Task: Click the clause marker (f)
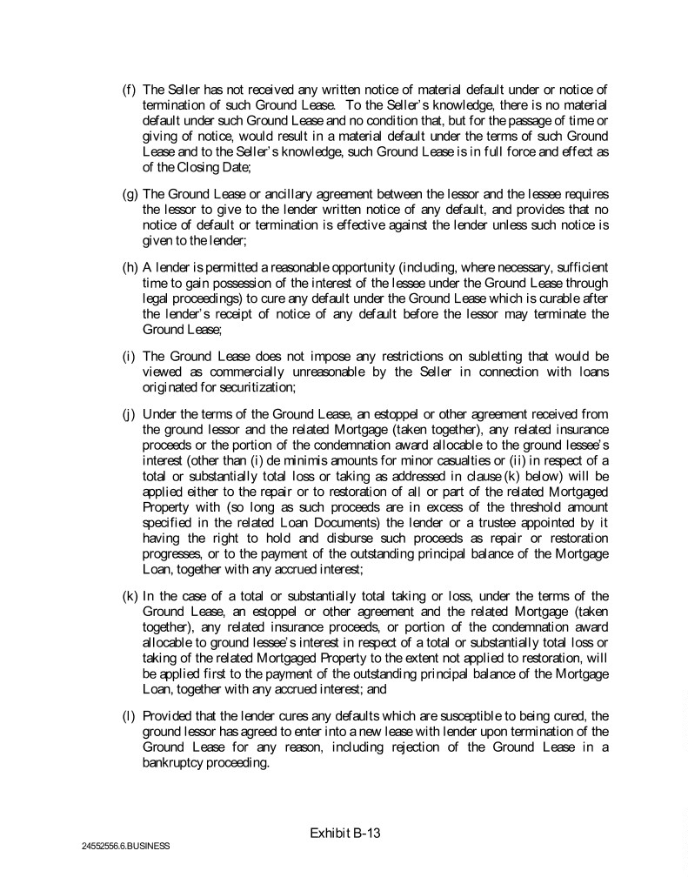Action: (128, 89)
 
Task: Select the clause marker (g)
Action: (128, 193)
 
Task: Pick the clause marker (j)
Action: (128, 414)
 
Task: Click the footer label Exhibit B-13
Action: (345, 833)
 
